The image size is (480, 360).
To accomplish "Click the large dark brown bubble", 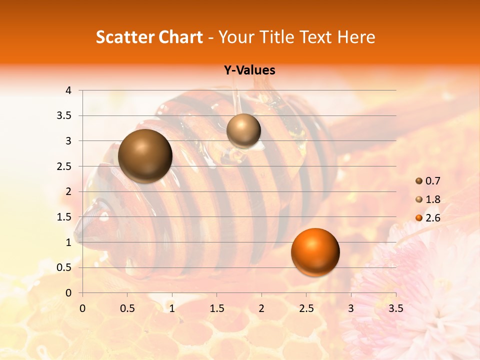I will (145, 156).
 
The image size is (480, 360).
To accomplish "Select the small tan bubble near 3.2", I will (243, 130).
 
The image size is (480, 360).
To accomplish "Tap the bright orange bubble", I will (315, 252).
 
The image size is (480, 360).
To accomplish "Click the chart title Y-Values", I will (249, 70).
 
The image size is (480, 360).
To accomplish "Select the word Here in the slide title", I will (356, 37).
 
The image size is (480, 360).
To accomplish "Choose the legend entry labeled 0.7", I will (427, 181).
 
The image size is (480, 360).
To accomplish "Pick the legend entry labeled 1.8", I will (427, 199).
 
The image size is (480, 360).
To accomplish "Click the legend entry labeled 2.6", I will (427, 218).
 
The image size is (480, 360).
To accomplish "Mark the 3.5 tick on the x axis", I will (395, 308).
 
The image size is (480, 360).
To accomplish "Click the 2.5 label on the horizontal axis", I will (306, 308).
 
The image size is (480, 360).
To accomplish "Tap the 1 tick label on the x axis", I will (172, 308).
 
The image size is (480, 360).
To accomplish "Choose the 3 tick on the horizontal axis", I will (351, 308).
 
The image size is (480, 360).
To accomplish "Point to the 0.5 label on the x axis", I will (127, 308).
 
